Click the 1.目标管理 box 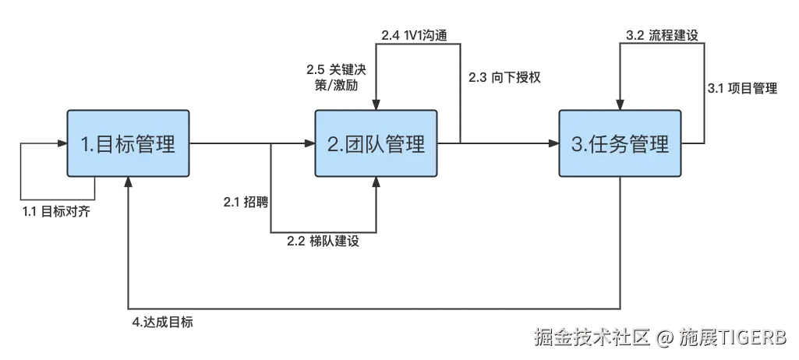tap(129, 144)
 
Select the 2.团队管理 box tap(377, 144)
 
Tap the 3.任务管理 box tap(621, 144)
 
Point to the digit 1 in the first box tap(87, 145)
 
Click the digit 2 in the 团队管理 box tap(334, 145)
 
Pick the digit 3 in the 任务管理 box tap(578, 145)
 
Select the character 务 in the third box tap(620, 145)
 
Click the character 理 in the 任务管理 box tap(659, 145)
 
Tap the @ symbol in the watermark tap(664, 337)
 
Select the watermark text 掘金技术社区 tap(591, 337)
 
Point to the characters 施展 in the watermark tap(696, 337)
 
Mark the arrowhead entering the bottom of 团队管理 tap(377, 185)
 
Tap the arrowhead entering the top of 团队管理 tap(377, 104)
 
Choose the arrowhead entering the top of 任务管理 tap(620, 104)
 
